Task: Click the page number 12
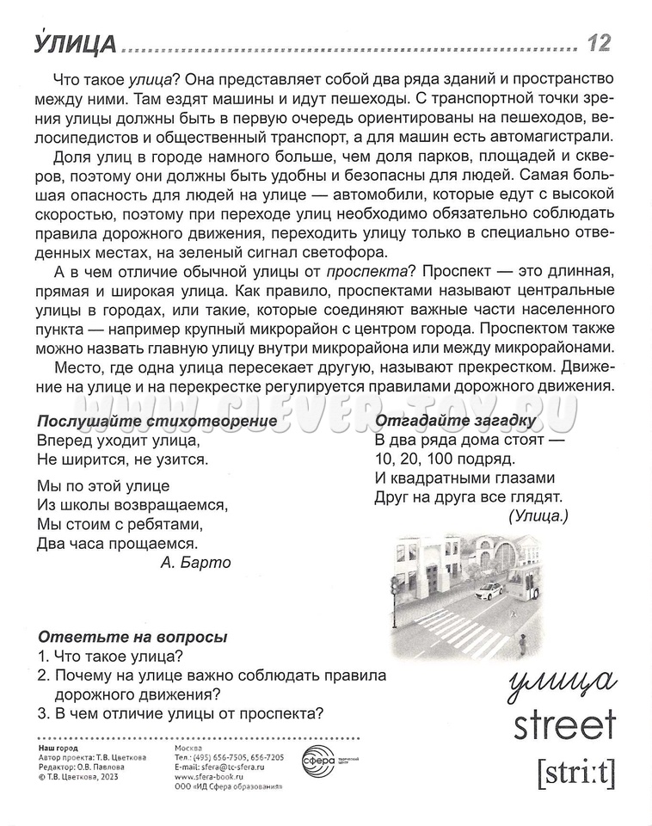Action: (x=599, y=42)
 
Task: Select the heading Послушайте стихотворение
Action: (x=157, y=421)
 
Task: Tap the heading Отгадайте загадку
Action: (x=456, y=421)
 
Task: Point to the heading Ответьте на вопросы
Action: (x=132, y=638)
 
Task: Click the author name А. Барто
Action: (x=195, y=562)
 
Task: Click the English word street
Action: (x=565, y=724)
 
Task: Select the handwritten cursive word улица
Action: (x=560, y=681)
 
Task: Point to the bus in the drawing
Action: (x=524, y=584)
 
